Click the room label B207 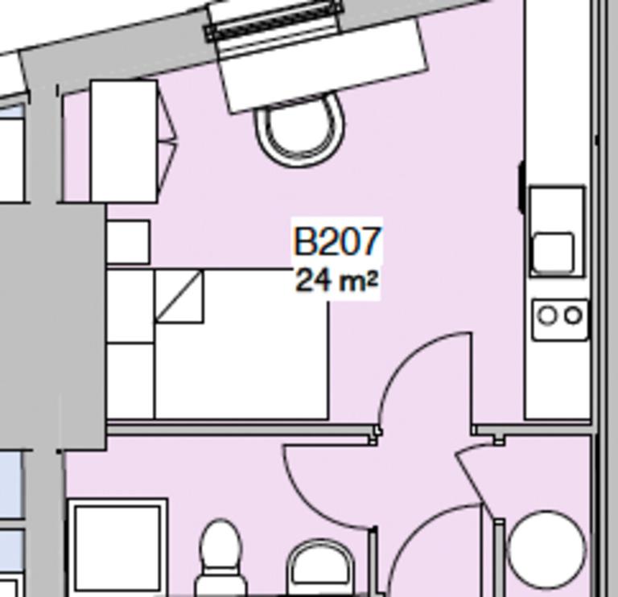tap(336, 241)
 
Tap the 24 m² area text tap(336, 282)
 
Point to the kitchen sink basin tap(553, 252)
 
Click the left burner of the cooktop tap(547, 316)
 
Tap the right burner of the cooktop tap(573, 316)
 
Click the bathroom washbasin tap(320, 567)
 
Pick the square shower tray tap(117, 547)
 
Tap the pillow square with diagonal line tap(179, 296)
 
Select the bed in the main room tap(241, 354)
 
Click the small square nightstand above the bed tap(128, 242)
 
